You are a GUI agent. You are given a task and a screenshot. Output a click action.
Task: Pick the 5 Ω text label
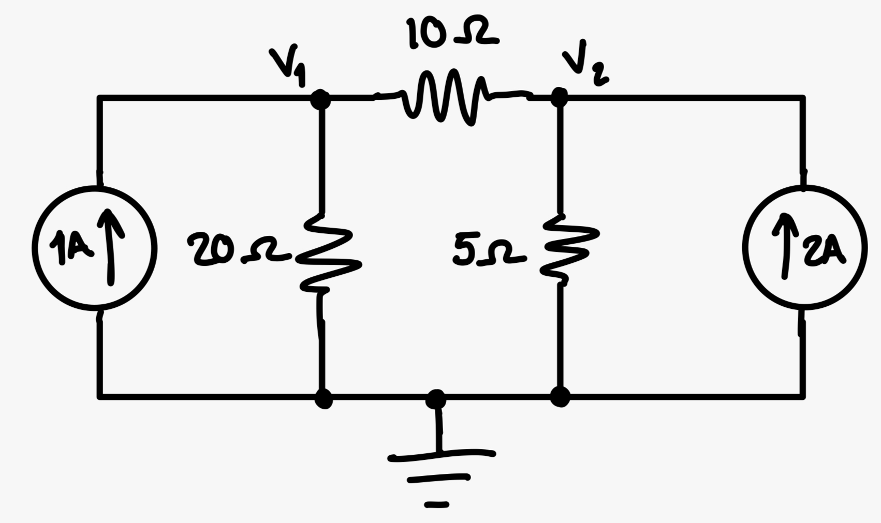(x=487, y=251)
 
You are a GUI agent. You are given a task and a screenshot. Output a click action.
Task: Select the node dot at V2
(x=559, y=97)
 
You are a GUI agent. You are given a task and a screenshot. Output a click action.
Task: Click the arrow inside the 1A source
(x=110, y=246)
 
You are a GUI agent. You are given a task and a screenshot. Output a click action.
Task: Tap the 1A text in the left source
(x=71, y=248)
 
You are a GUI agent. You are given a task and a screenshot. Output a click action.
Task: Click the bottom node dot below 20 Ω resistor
(x=324, y=398)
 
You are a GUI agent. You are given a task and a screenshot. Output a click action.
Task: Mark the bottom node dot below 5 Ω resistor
(x=560, y=397)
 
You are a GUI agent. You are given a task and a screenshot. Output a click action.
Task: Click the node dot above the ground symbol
(x=436, y=399)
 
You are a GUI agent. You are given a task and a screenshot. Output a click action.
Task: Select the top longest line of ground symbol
(x=442, y=455)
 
